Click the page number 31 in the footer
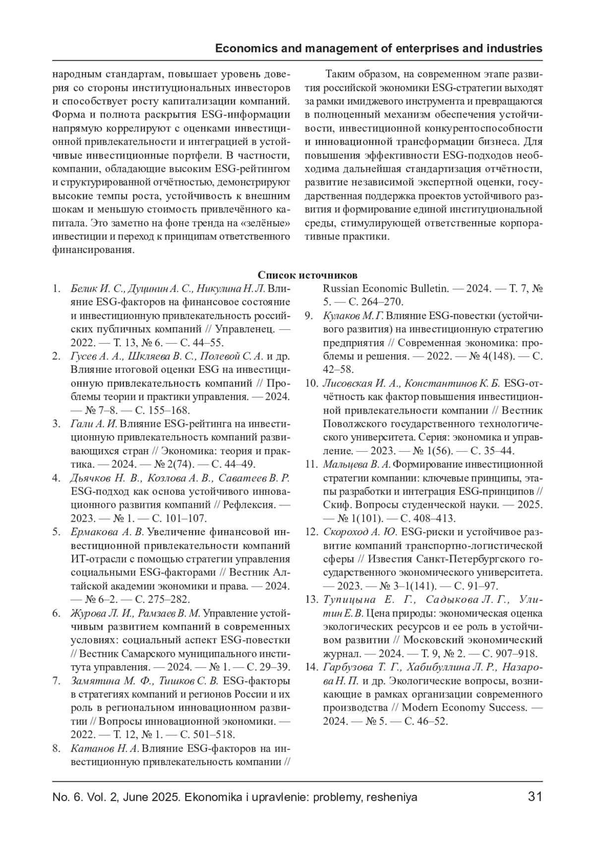pos(535,797)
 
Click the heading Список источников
pos(307,275)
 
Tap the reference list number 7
pos(57,680)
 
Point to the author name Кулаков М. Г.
pos(353,315)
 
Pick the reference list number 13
pos(311,600)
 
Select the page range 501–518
pos(214,734)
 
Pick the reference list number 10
pos(311,383)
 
